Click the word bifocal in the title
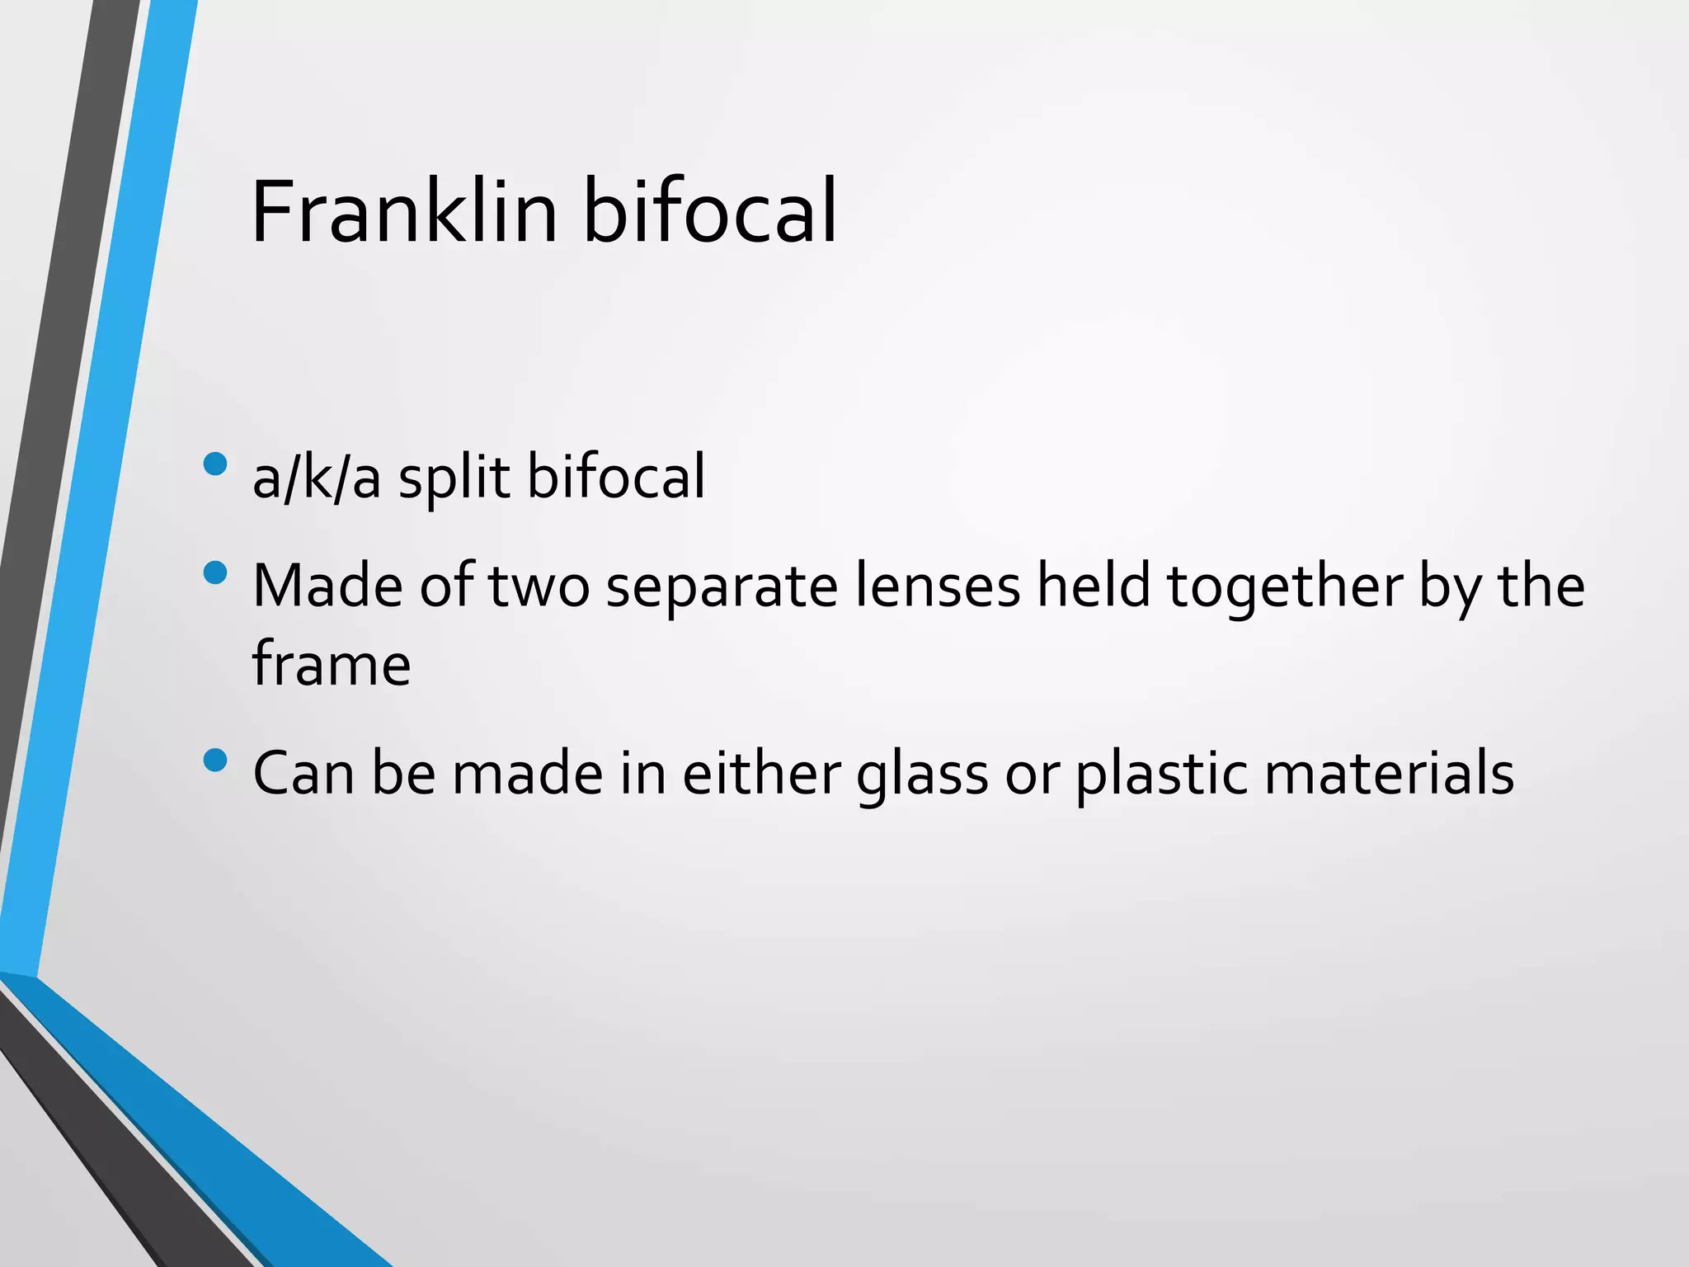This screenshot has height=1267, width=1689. click(x=710, y=212)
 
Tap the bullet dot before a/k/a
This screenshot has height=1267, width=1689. click(x=214, y=464)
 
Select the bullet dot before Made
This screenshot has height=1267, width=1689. click(x=214, y=572)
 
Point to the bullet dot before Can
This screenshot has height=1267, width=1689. click(x=214, y=760)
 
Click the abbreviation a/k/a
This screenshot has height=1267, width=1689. click(x=317, y=478)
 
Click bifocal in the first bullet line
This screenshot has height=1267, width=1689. click(x=616, y=478)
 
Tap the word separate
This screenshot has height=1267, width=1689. click(x=722, y=587)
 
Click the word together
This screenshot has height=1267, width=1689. click(x=1284, y=587)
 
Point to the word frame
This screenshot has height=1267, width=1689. click(x=331, y=664)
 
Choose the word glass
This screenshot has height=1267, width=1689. click(x=922, y=775)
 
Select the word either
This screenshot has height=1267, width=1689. click(x=760, y=775)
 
